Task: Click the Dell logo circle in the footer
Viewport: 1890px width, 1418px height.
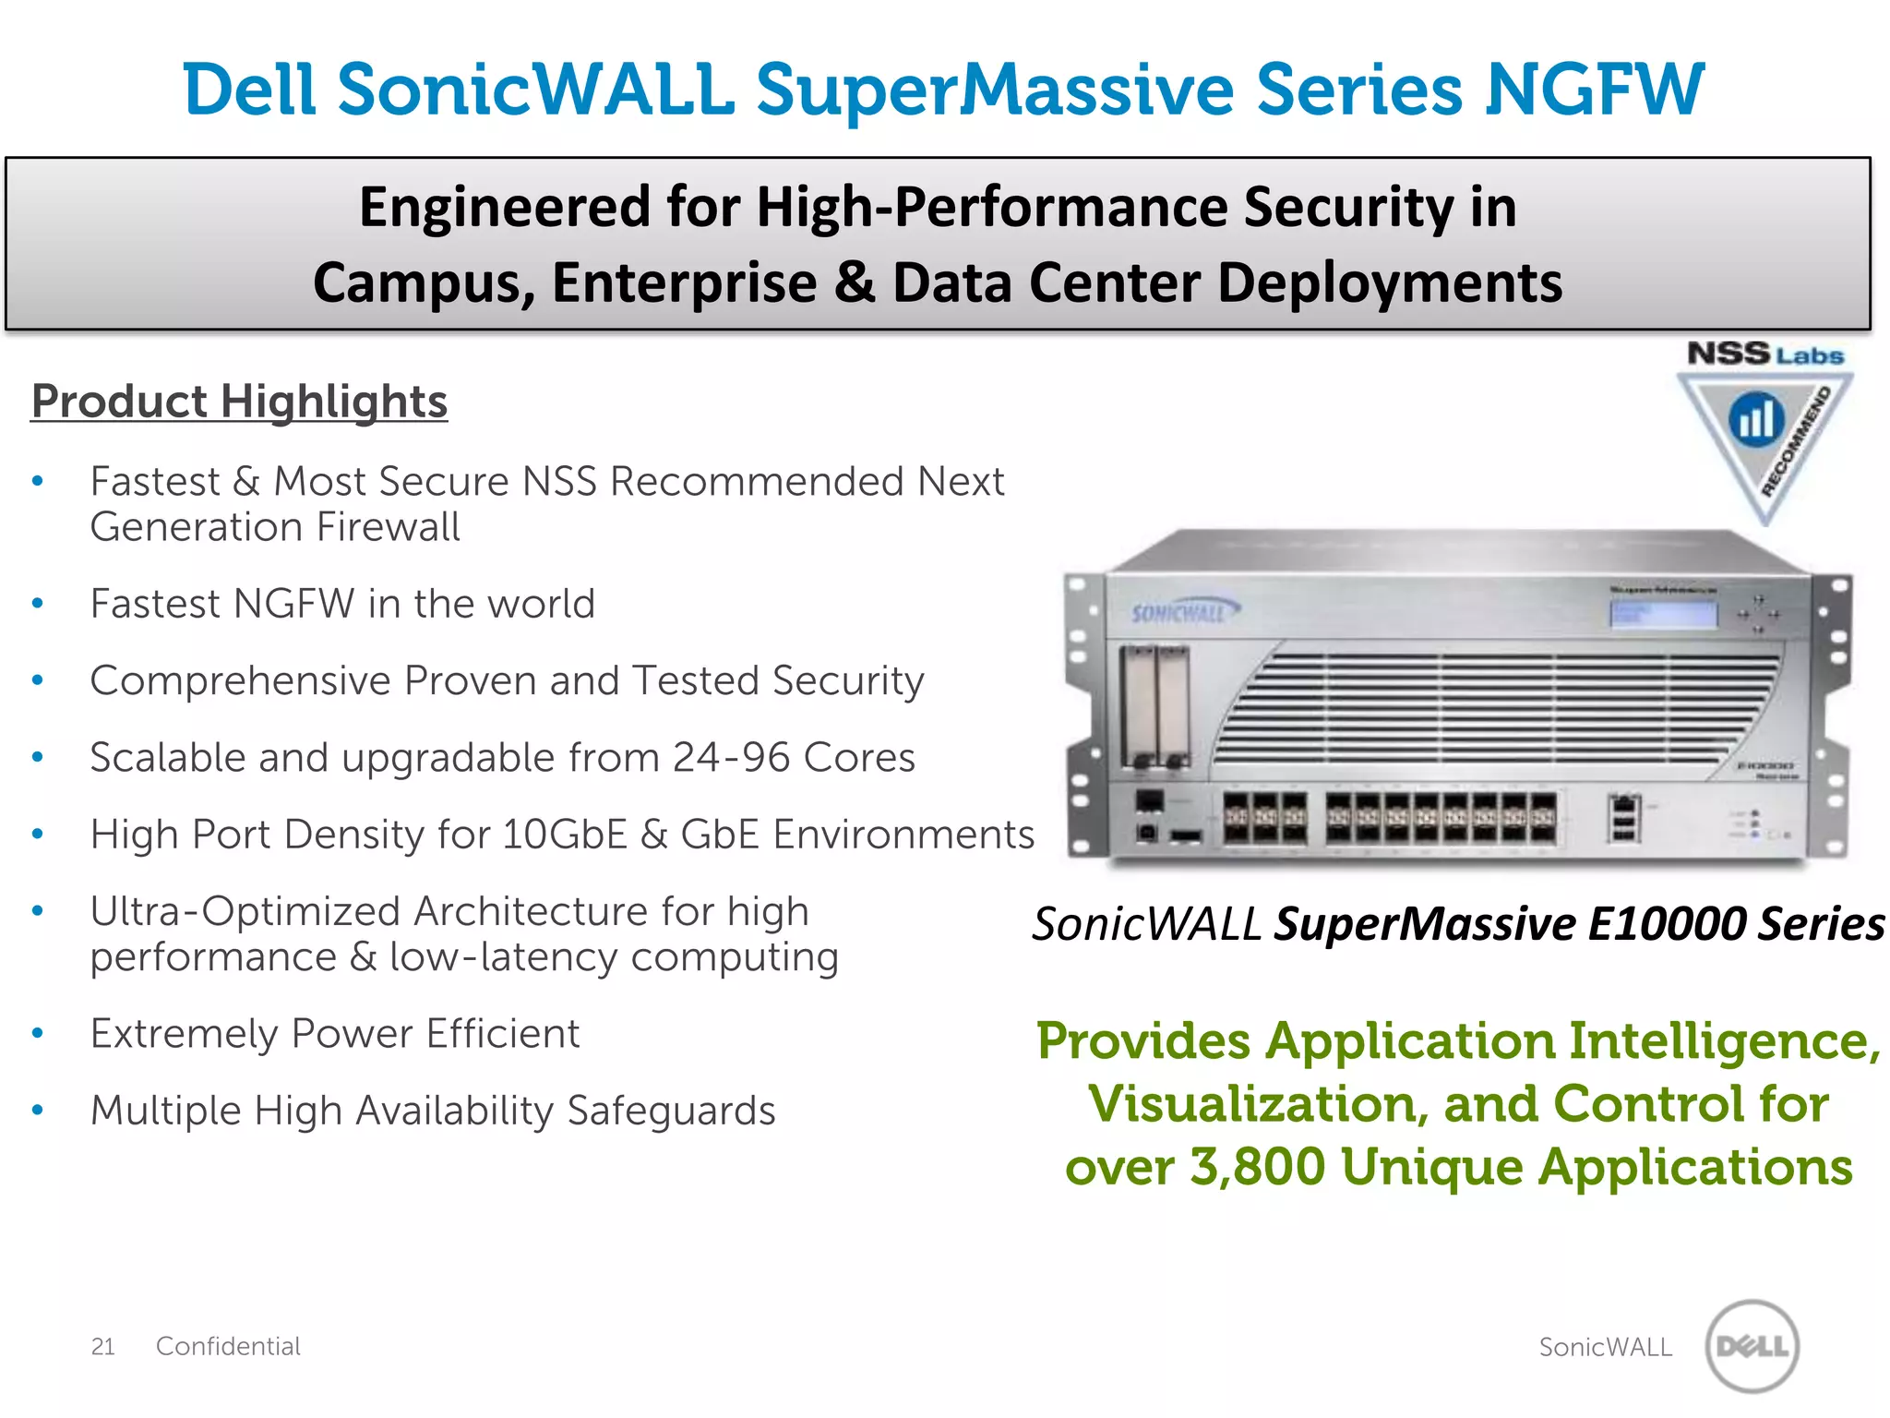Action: point(1752,1346)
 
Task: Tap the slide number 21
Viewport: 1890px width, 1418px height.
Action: point(102,1347)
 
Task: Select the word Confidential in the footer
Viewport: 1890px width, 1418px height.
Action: point(228,1347)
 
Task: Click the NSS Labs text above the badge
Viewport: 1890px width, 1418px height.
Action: point(1764,354)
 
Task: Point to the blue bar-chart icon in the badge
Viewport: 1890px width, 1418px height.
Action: point(1756,419)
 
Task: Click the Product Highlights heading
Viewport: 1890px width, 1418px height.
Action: point(239,402)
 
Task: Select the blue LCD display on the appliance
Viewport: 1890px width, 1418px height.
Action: point(1663,614)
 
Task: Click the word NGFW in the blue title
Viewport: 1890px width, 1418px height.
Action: point(1594,90)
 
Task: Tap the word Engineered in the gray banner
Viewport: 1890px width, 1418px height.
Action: point(504,207)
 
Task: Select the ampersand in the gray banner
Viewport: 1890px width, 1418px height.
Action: point(855,282)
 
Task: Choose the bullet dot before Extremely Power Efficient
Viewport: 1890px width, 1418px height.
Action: point(38,1034)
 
